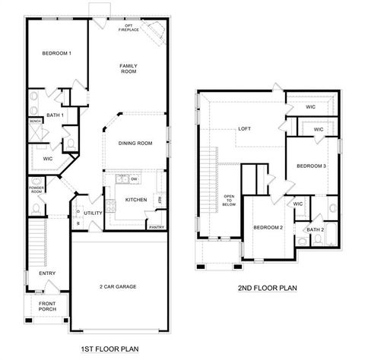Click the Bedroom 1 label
tap(56, 53)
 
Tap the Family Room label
tap(128, 69)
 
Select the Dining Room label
tap(135, 143)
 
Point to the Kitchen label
tap(135, 200)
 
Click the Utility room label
tap(93, 213)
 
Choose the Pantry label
tap(156, 226)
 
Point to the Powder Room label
tap(36, 188)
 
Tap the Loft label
tap(244, 128)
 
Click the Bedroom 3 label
tap(311, 166)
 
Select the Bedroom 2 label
tap(268, 227)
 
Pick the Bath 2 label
tap(316, 229)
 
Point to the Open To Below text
tap(229, 201)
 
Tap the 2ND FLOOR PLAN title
tap(266, 288)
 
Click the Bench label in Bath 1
tap(35, 121)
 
